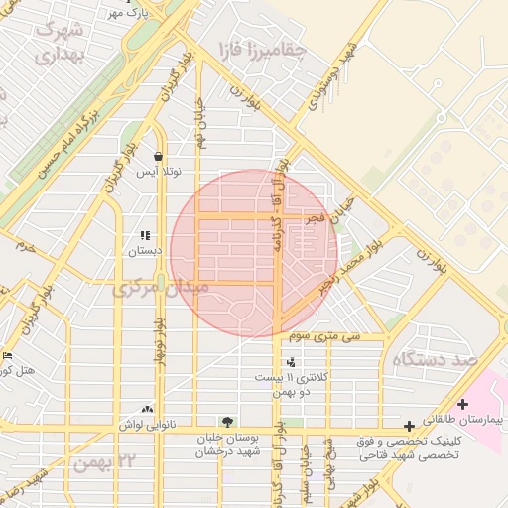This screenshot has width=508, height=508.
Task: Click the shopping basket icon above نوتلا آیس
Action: coord(159,156)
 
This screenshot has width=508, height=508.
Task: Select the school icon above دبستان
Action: coord(145,236)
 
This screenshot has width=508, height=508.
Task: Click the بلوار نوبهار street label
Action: coord(156,342)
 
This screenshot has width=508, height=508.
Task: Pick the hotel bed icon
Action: coord(9,355)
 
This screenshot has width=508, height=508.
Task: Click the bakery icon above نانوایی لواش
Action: coord(148,409)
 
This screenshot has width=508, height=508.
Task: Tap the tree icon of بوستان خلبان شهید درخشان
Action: coord(229,422)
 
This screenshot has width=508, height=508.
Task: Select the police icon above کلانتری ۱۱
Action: coord(290,362)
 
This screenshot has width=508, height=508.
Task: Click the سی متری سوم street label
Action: coord(324,337)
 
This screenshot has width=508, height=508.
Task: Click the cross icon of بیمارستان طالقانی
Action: coord(463,404)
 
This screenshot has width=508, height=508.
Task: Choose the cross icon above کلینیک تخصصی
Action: coord(409,426)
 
